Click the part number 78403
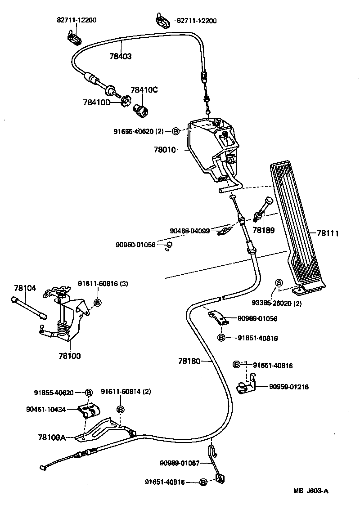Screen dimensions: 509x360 coord(121,56)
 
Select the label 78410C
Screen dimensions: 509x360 coord(144,90)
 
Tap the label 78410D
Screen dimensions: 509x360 coord(96,103)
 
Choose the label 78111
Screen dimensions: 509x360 coord(328,233)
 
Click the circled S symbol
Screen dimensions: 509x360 coord(278,282)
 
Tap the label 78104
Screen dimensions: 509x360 coord(24,288)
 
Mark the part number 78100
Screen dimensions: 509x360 coord(69,356)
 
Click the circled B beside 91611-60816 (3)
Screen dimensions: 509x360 coord(97,302)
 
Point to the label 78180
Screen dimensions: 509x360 coord(189,361)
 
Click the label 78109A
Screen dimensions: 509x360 coord(52,437)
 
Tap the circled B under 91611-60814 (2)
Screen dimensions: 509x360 coord(120,409)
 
